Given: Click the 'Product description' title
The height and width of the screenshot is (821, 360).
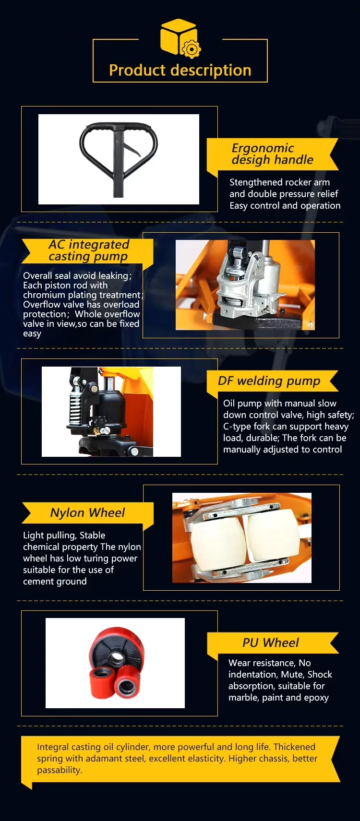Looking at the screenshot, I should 180,70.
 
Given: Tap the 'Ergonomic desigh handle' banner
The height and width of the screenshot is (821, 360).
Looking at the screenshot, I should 272,154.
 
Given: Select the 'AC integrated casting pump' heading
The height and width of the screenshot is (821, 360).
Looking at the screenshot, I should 89,250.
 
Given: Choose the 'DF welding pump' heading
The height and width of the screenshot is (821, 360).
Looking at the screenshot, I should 269,381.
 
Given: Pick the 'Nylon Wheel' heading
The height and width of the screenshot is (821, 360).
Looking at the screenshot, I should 87,513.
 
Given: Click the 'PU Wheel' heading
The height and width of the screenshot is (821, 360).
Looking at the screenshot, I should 270,643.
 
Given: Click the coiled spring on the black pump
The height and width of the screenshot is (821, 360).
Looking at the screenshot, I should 75,405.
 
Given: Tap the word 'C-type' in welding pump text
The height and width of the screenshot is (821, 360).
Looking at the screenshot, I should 237,427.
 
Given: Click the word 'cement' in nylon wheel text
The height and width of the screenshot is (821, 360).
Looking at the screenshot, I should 37,582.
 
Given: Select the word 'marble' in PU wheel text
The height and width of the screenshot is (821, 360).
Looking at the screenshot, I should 243,698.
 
